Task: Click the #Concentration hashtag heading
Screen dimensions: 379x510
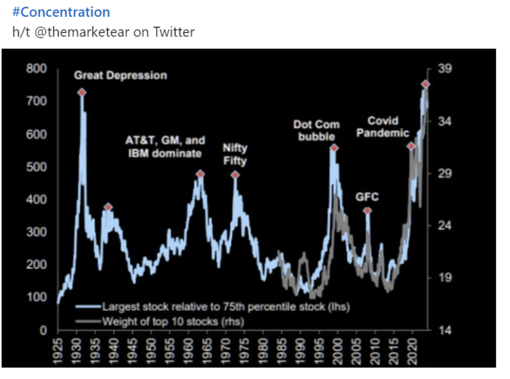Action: pyautogui.click(x=61, y=12)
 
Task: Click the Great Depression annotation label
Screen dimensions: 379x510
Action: pyautogui.click(x=120, y=75)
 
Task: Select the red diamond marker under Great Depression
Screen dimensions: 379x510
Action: pyautogui.click(x=81, y=92)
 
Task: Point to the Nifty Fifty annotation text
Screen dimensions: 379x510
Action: pyautogui.click(x=235, y=154)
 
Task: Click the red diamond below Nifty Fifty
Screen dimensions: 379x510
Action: pyautogui.click(x=235, y=175)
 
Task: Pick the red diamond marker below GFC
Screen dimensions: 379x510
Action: pyautogui.click(x=367, y=211)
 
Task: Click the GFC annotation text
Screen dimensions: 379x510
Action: pyautogui.click(x=367, y=197)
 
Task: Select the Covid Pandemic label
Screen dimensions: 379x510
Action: pyautogui.click(x=382, y=126)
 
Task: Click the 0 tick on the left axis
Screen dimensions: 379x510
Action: pyautogui.click(x=43, y=330)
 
